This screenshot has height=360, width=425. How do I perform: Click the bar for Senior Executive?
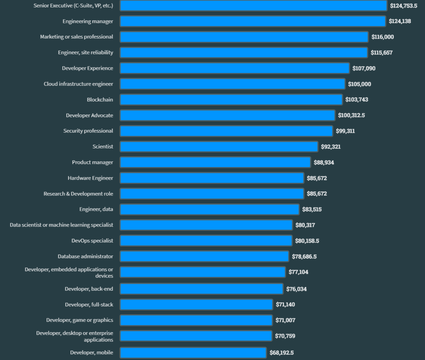pyautogui.click(x=254, y=5)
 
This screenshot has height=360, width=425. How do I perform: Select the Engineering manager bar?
pyautogui.click(x=253, y=21)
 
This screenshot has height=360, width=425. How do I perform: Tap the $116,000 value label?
pyautogui.click(x=383, y=37)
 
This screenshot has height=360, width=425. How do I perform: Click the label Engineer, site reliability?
pyautogui.click(x=85, y=52)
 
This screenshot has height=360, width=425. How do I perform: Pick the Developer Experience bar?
pyautogui.click(x=235, y=68)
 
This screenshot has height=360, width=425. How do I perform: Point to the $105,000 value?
pyautogui.click(x=359, y=84)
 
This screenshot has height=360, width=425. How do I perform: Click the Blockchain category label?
pyautogui.click(x=100, y=100)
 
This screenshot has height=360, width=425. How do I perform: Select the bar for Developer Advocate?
pyautogui.click(x=227, y=115)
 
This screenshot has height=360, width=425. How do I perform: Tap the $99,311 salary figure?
pyautogui.click(x=345, y=131)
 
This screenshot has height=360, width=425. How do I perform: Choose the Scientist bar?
pyautogui.click(x=219, y=146)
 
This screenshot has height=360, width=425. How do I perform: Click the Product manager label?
pyautogui.click(x=93, y=162)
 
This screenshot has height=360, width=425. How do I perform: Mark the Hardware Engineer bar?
pyautogui.click(x=212, y=178)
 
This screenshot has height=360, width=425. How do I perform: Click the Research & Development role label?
pyautogui.click(x=78, y=194)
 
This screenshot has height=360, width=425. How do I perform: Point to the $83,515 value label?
pyautogui.click(x=312, y=209)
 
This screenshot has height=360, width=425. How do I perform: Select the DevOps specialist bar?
pyautogui.click(x=206, y=241)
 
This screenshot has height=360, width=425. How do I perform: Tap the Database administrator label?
pyautogui.click(x=85, y=256)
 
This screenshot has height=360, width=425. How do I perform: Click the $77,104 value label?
pyautogui.click(x=298, y=272)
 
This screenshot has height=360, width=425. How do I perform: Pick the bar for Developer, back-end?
pyautogui.click(x=202, y=289)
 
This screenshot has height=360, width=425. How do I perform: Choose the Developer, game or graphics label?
pyautogui.click(x=80, y=320)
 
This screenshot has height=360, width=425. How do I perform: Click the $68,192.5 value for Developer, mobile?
pyautogui.click(x=281, y=353)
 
